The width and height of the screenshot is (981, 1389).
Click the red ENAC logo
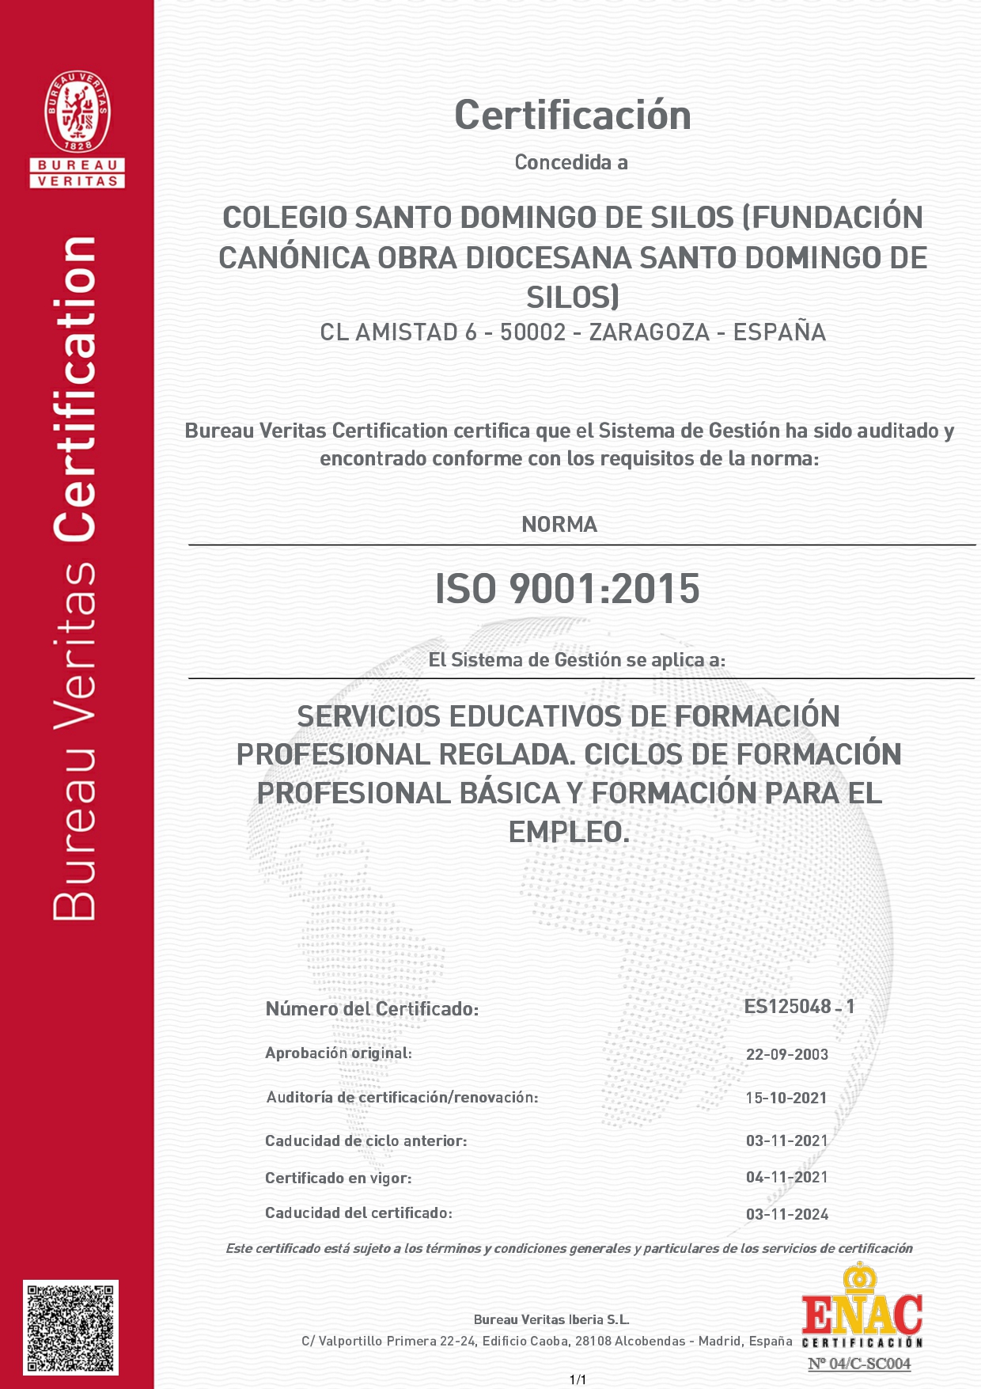pyautogui.click(x=862, y=1315)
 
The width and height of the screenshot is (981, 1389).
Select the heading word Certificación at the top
pyautogui.click(x=572, y=116)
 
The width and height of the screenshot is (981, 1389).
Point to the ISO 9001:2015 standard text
pyautogui.click(x=567, y=590)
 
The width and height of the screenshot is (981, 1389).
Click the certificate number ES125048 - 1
pyautogui.click(x=799, y=1007)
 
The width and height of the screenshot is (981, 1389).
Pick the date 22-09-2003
pyautogui.click(x=786, y=1054)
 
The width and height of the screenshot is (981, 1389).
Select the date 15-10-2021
pyautogui.click(x=786, y=1098)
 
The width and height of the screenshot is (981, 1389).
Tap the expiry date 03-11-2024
pyautogui.click(x=786, y=1214)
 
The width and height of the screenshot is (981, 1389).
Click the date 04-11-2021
pyautogui.click(x=786, y=1177)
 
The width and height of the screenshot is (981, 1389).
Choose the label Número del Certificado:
pyautogui.click(x=372, y=1009)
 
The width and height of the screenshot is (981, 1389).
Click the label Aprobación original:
pyautogui.click(x=338, y=1053)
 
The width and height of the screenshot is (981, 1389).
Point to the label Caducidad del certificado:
pyautogui.click(x=358, y=1213)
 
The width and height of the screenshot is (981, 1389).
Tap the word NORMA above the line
pyautogui.click(x=559, y=525)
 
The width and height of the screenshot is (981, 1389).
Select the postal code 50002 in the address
pyautogui.click(x=532, y=332)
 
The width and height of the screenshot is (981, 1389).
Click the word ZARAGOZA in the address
pyautogui.click(x=649, y=332)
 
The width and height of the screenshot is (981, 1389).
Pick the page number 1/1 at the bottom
pyautogui.click(x=578, y=1380)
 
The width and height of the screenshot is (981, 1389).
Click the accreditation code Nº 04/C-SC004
pyautogui.click(x=859, y=1364)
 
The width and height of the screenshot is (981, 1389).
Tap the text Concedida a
pyautogui.click(x=571, y=162)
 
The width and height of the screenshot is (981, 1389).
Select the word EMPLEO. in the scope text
pyautogui.click(x=569, y=833)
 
